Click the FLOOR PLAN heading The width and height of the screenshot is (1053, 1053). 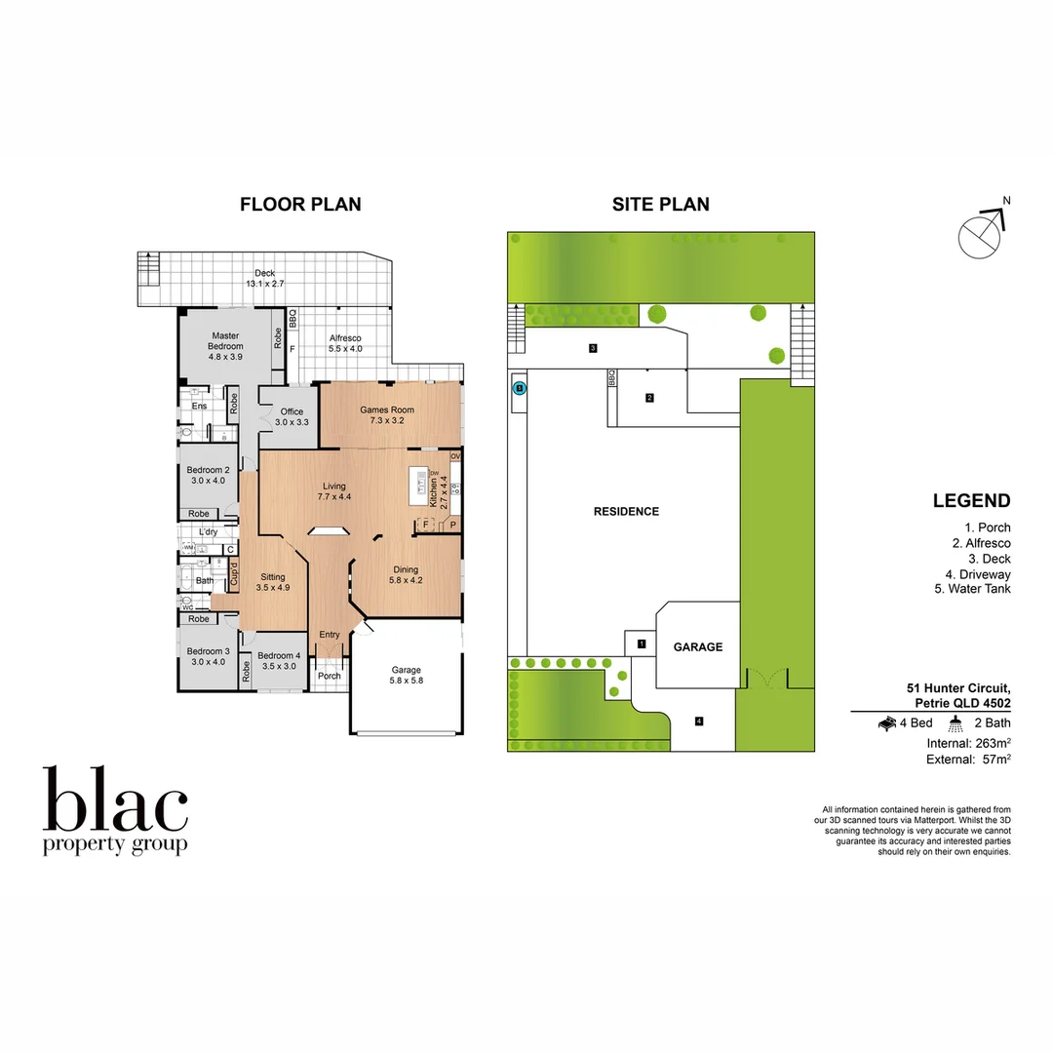pyautogui.click(x=300, y=204)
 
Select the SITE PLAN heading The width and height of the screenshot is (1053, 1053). pyautogui.click(x=660, y=204)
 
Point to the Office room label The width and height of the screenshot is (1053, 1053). pyautogui.click(x=292, y=417)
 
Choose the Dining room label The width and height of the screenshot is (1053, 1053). pyautogui.click(x=406, y=575)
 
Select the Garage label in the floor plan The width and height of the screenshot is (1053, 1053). pyautogui.click(x=406, y=676)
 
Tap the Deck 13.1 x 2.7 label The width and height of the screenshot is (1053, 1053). pyautogui.click(x=264, y=278)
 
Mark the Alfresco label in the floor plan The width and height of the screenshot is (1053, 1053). pyautogui.click(x=344, y=343)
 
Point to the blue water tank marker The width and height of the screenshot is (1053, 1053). pyautogui.click(x=520, y=388)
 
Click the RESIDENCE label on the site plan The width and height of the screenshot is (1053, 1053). pyautogui.click(x=626, y=511)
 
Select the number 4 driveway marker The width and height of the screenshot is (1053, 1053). pyautogui.click(x=699, y=721)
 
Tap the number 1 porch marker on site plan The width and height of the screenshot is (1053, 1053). pyautogui.click(x=641, y=643)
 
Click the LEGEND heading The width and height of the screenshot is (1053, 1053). pyautogui.click(x=971, y=501)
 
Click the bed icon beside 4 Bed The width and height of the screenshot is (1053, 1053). pyautogui.click(x=888, y=723)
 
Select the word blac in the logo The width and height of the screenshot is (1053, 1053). pyautogui.click(x=115, y=801)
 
